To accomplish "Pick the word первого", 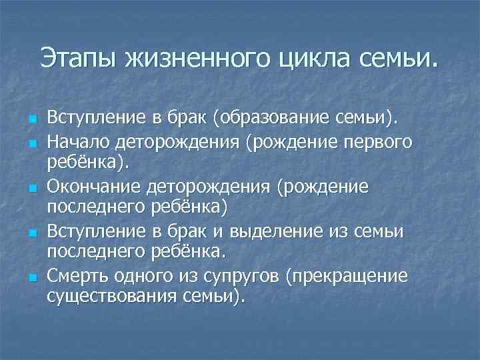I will (387, 142).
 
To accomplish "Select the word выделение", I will (277, 231).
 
